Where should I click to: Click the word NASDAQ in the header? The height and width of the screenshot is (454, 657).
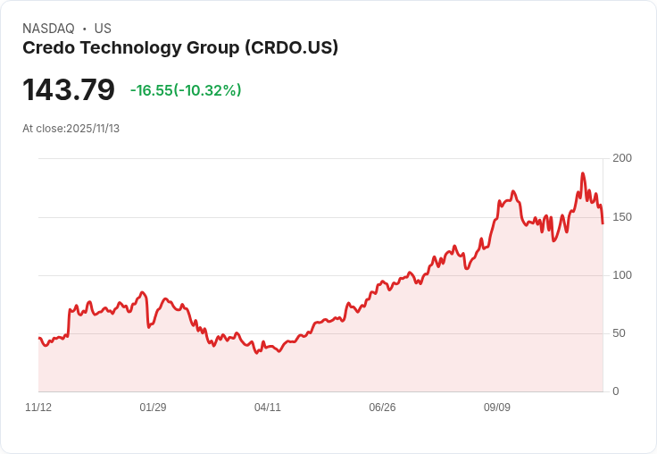click(48, 29)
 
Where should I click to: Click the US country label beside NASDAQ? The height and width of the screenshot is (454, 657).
click(103, 29)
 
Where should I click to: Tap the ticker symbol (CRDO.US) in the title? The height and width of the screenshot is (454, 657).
click(291, 48)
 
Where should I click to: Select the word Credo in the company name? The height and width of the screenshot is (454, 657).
click(46, 48)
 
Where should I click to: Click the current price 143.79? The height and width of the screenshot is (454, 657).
click(69, 90)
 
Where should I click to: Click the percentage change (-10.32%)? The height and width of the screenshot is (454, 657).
click(207, 90)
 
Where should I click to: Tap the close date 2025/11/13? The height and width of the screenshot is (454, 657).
click(93, 129)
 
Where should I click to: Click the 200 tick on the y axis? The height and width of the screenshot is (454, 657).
click(622, 158)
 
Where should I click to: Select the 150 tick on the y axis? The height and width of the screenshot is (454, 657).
click(622, 217)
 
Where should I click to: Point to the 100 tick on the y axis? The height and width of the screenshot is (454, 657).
click(622, 275)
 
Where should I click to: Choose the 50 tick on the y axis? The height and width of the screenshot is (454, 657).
click(619, 333)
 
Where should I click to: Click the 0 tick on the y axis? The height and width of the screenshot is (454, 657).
click(616, 391)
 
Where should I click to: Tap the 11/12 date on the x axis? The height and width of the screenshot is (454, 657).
click(38, 408)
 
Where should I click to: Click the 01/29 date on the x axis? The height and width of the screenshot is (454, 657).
click(153, 408)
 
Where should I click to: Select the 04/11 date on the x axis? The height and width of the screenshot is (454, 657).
click(268, 408)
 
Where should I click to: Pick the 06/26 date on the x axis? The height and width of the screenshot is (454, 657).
click(382, 408)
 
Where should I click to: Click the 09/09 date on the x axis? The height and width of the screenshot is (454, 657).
click(497, 408)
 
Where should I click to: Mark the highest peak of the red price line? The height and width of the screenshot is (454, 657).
click(583, 173)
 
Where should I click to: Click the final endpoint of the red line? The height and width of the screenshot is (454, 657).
click(603, 223)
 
